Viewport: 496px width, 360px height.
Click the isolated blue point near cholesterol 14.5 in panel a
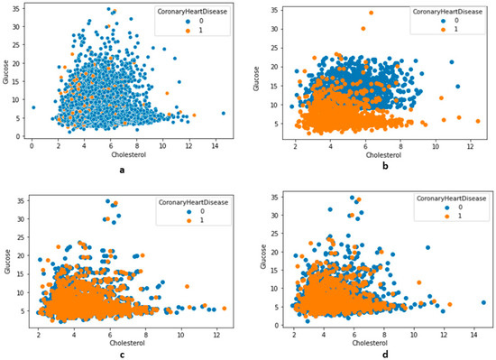tap(224, 113)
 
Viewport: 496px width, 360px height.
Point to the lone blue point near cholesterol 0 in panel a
tap(33, 107)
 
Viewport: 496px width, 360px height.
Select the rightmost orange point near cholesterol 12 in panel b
tap(477, 121)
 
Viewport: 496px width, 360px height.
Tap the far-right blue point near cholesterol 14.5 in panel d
tap(484, 302)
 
